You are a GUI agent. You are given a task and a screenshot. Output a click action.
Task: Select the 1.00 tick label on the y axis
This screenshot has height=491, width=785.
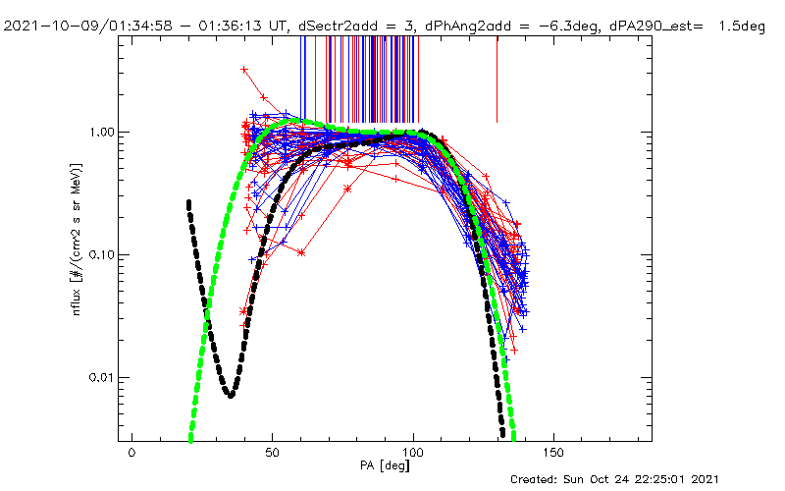(x=104, y=132)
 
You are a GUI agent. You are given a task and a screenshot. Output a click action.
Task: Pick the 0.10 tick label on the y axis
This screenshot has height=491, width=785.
(x=104, y=254)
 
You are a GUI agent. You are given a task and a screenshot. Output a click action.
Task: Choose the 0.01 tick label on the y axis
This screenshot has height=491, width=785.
(x=104, y=377)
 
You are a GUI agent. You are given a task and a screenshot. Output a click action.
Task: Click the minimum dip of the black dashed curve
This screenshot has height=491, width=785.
(x=231, y=395)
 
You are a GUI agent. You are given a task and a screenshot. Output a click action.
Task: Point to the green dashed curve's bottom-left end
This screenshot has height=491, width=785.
(x=191, y=439)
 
